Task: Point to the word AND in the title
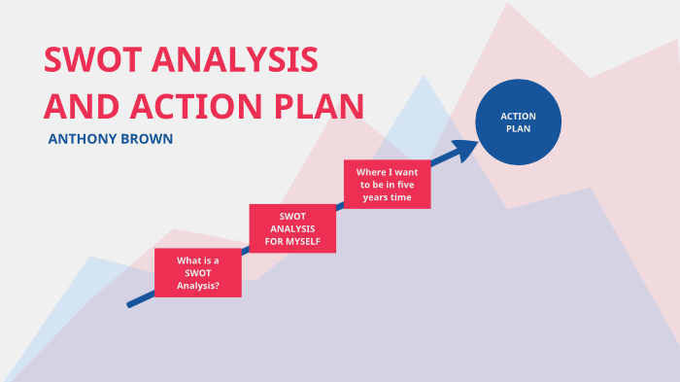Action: point(79,105)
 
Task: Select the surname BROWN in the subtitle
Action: point(149,139)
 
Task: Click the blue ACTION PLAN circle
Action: point(518,122)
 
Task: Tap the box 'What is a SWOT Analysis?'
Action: point(198,273)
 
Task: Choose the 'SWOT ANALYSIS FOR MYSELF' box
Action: point(292,228)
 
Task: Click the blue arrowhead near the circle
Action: point(468,148)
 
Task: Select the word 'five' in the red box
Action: point(407,185)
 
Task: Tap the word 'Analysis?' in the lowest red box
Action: point(198,286)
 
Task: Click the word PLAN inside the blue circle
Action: point(518,128)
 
